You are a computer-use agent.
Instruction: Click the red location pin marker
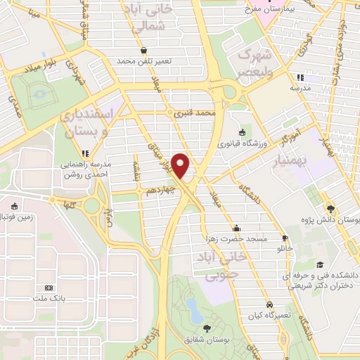[182, 165]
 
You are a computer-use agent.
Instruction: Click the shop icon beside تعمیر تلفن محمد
[144, 51]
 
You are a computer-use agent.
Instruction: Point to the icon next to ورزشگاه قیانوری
[243, 131]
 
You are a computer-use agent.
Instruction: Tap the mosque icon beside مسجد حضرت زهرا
[236, 228]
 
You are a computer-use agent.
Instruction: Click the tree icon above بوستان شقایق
[206, 328]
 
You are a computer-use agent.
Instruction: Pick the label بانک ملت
[49, 299]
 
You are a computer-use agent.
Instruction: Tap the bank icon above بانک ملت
[49, 288]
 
